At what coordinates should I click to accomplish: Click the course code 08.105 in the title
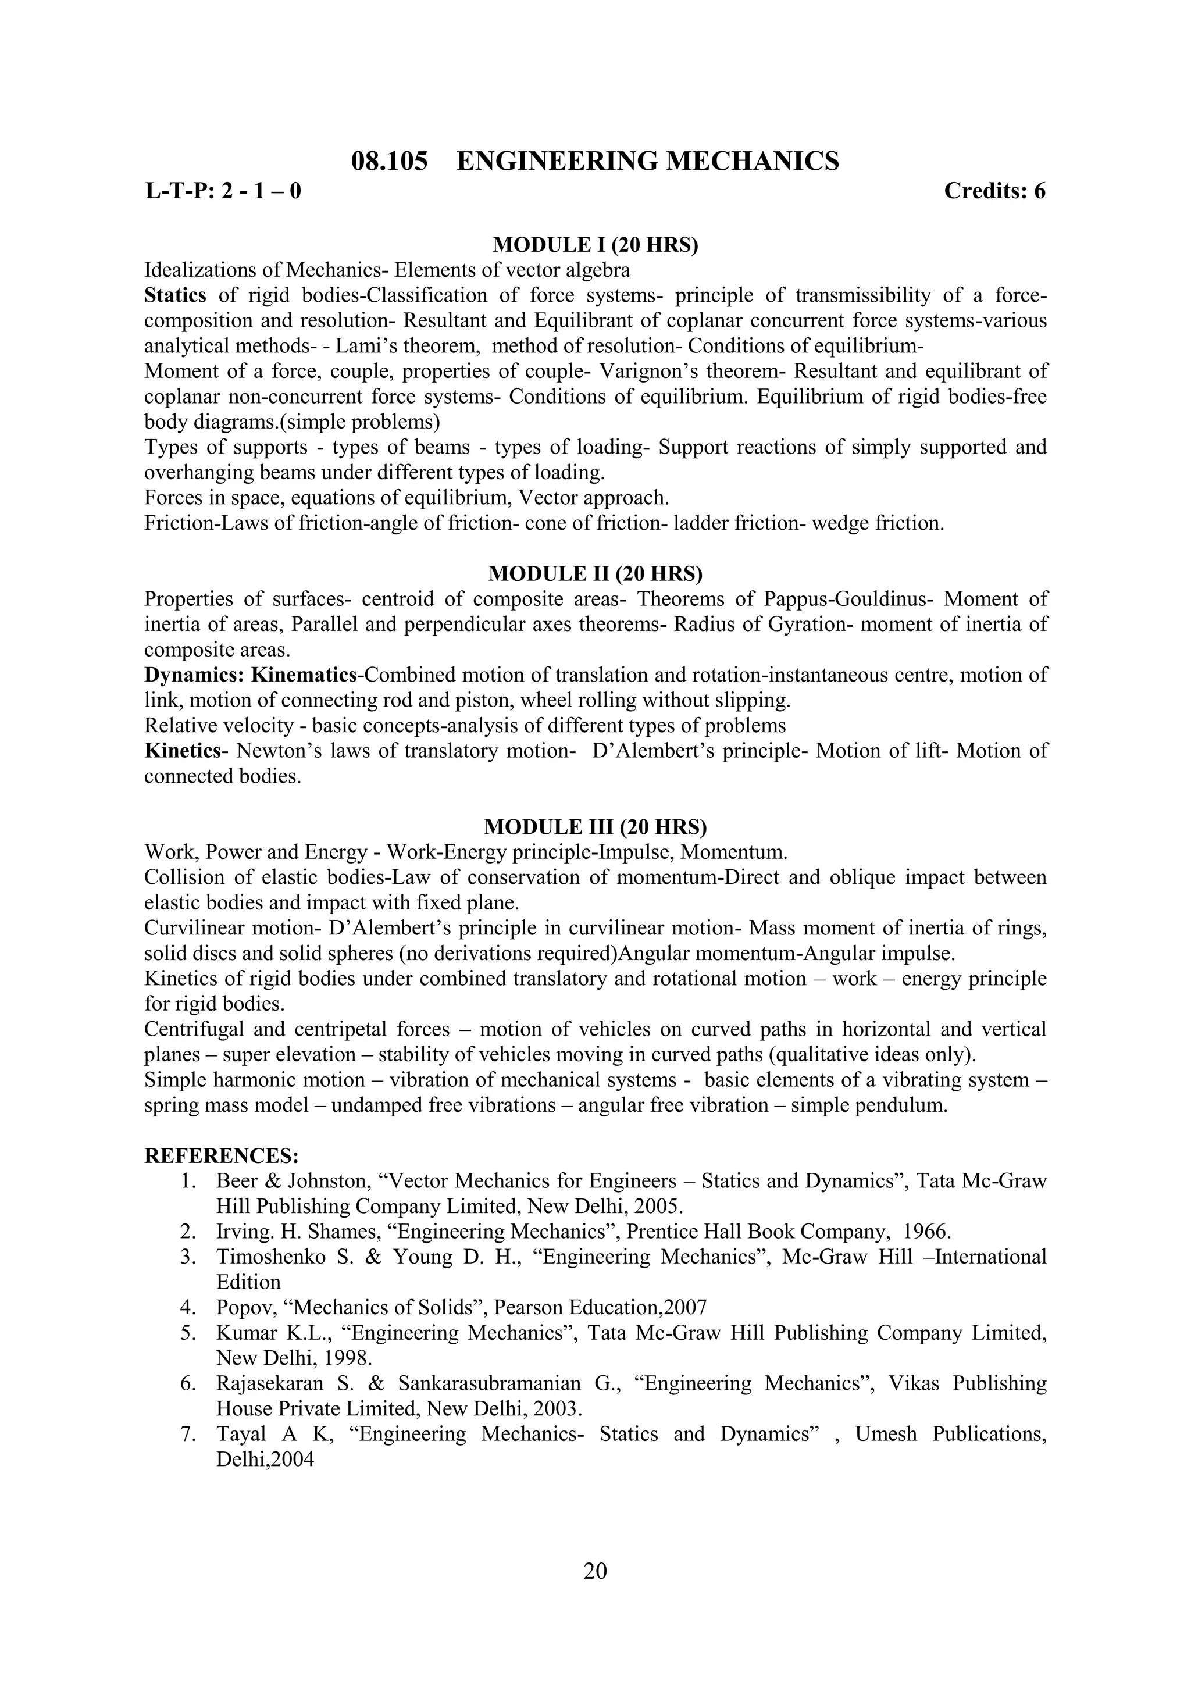coord(390,160)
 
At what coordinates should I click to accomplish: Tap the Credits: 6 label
coord(994,191)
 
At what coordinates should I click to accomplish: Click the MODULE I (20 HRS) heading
coord(595,245)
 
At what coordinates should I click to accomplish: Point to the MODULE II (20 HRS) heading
coord(595,573)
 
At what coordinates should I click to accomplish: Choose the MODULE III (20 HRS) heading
coord(595,827)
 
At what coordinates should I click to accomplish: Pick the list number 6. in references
coord(188,1383)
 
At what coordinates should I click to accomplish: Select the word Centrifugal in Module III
coord(194,1029)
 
